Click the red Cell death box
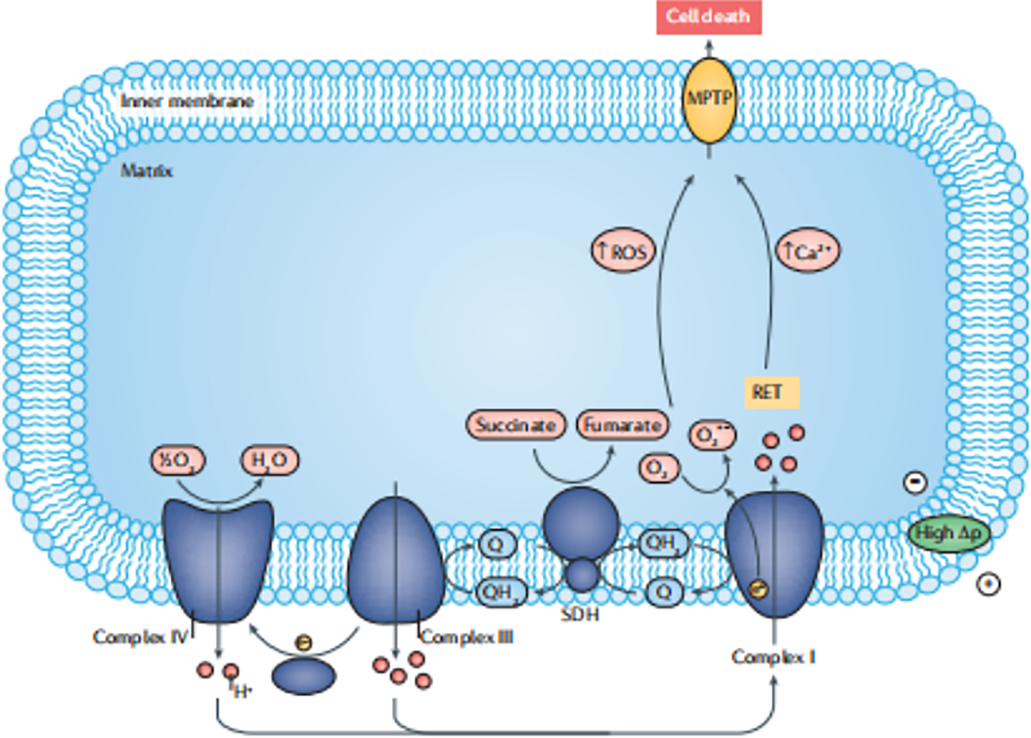click(x=708, y=17)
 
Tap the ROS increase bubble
click(x=623, y=251)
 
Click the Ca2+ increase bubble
click(x=808, y=251)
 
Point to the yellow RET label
click(x=771, y=393)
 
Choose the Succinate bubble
click(x=515, y=425)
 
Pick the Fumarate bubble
click(x=622, y=425)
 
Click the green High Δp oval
click(x=949, y=534)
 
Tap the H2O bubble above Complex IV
click(x=269, y=460)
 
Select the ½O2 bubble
click(x=178, y=460)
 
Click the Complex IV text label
click(x=140, y=637)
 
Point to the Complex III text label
click(x=467, y=637)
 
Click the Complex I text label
click(x=773, y=656)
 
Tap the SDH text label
click(x=580, y=614)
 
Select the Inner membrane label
click(x=187, y=101)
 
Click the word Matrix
click(x=146, y=170)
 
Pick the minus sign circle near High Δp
click(x=915, y=482)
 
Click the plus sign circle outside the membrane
click(x=988, y=584)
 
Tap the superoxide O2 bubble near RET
click(x=712, y=435)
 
